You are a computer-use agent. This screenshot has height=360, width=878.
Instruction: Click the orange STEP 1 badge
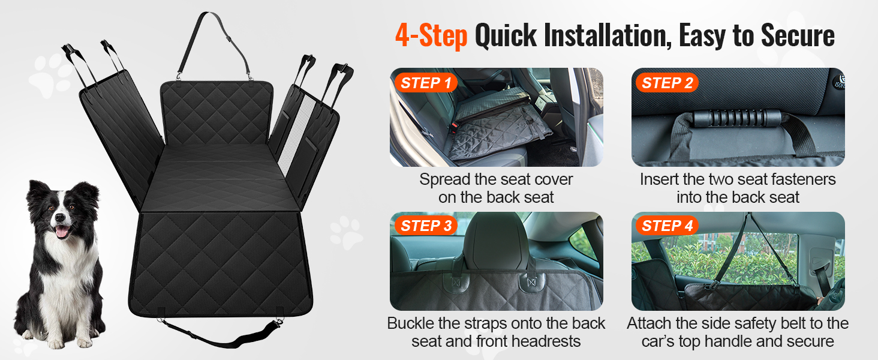pos(426,83)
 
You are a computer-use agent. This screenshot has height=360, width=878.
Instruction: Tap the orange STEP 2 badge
pos(667,83)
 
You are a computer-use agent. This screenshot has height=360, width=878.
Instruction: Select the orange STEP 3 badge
pos(426,226)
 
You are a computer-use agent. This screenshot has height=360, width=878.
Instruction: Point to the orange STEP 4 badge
pos(667,226)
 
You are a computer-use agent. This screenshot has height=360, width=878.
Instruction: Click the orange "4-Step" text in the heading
pos(431,36)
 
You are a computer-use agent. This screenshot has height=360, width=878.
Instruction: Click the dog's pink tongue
pos(62,232)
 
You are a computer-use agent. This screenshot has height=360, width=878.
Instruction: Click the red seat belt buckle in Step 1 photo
pos(455,126)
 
